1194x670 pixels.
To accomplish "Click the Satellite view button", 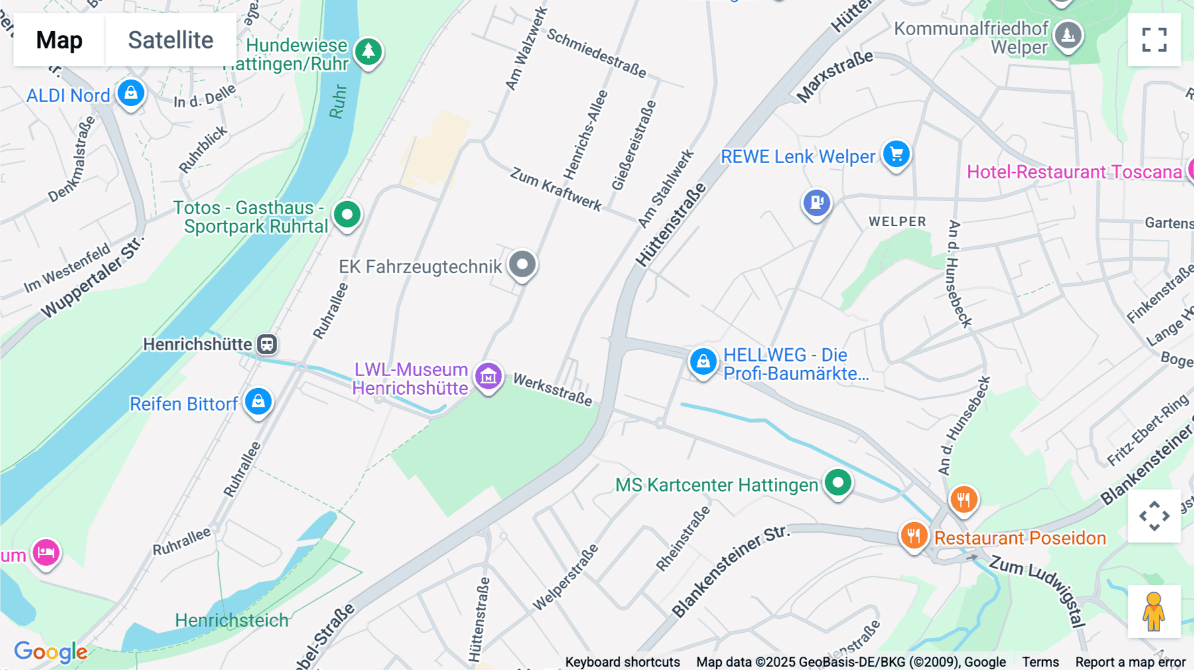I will point(170,40).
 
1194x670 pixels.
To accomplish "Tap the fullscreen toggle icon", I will point(1154,40).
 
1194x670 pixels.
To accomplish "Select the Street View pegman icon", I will point(1154,612).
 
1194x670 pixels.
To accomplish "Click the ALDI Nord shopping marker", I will point(131,94).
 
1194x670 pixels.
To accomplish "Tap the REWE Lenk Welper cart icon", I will point(896,155).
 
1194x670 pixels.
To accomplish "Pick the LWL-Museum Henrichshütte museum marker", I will point(488,376).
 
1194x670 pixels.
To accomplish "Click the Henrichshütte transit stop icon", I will point(267,344).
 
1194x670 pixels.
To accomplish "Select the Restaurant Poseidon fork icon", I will point(913,535).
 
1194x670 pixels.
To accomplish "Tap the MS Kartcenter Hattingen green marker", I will point(838,482).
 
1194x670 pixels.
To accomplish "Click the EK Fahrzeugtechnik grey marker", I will point(522,265).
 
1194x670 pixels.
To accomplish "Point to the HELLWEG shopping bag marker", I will point(703,362).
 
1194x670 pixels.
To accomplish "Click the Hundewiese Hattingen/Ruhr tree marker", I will point(368,51).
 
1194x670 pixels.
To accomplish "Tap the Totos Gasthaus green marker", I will point(347,214).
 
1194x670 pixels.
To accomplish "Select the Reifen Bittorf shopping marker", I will point(258,401).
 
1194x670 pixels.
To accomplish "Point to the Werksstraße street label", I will point(553,389).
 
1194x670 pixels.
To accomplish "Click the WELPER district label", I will point(897,222).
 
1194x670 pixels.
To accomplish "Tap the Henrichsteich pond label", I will point(232,620).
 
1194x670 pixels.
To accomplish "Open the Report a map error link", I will point(1130,662).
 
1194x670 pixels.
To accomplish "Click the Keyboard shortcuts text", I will point(622,662).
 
